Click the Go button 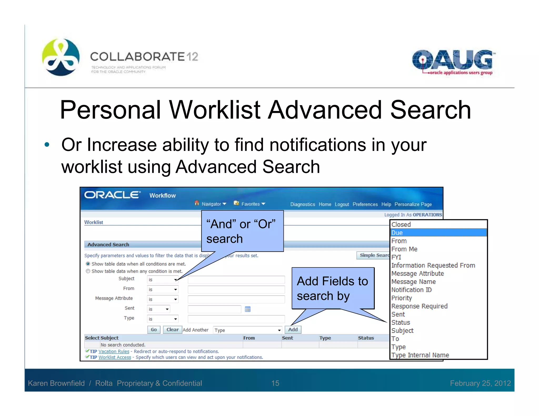coord(154,329)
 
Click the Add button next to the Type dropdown coord(293,329)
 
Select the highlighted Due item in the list coord(438,233)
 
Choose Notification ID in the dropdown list coord(411,290)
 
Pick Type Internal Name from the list coord(420,355)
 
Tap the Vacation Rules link coord(114,351)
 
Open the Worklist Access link coord(114,357)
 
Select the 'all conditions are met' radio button coord(88,264)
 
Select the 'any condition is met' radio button coord(88,271)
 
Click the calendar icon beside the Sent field coord(247,309)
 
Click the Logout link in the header coord(342,204)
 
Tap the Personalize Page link coord(413,204)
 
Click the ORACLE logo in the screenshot coord(112,195)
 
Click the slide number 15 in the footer coord(275,383)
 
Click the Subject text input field coord(236,280)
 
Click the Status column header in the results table coord(366,338)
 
